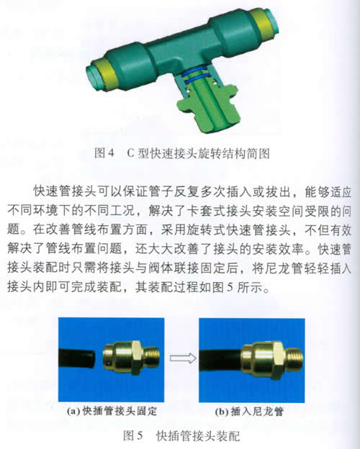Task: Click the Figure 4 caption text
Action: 182,153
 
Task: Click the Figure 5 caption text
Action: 181,436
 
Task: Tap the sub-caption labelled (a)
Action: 112,411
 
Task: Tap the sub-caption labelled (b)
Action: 249,412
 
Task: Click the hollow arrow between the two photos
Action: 183,358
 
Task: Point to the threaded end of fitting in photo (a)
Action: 153,357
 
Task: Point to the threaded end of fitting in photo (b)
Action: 294,358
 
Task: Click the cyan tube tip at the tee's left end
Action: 94,76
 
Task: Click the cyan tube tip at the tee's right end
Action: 271,19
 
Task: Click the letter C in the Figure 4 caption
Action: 130,154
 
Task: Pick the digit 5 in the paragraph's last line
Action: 230,287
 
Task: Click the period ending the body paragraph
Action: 266,290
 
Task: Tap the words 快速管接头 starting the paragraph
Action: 66,191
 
